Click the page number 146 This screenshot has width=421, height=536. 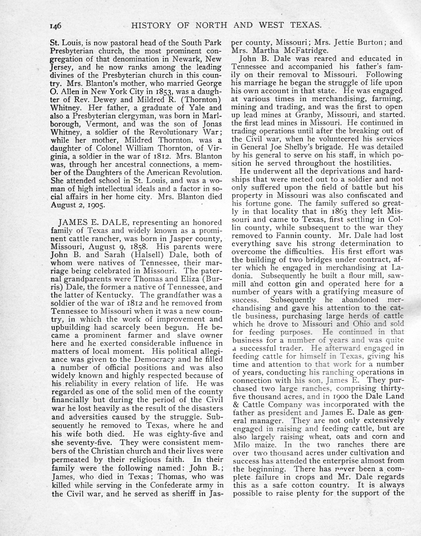coord(55,26)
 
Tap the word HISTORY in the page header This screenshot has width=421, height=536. coord(151,25)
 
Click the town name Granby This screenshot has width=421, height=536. coord(309,114)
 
